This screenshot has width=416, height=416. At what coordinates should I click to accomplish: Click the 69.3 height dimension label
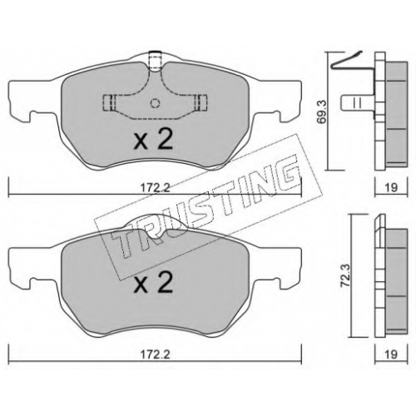click(x=323, y=111)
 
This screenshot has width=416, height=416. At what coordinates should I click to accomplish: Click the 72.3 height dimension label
click(x=347, y=276)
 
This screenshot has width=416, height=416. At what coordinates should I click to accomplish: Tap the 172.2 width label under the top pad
click(x=155, y=188)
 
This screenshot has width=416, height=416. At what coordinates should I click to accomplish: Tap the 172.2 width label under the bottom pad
click(x=155, y=354)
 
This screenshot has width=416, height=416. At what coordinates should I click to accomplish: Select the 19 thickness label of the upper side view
click(x=391, y=188)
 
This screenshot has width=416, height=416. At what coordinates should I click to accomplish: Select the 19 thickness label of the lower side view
click(x=391, y=354)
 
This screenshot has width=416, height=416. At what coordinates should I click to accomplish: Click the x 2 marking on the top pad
click(x=153, y=140)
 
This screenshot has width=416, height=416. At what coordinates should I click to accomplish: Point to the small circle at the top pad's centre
click(x=155, y=103)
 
